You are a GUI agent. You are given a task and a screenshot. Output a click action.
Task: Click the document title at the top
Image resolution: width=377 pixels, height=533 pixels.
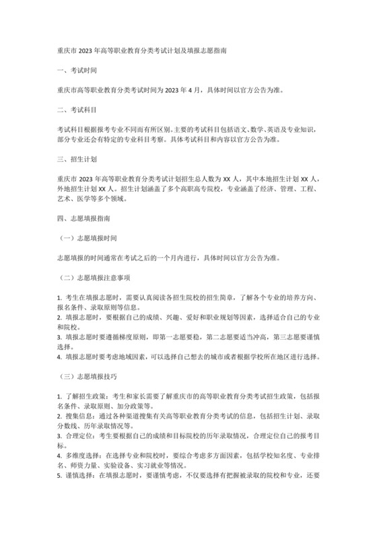point(141,50)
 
